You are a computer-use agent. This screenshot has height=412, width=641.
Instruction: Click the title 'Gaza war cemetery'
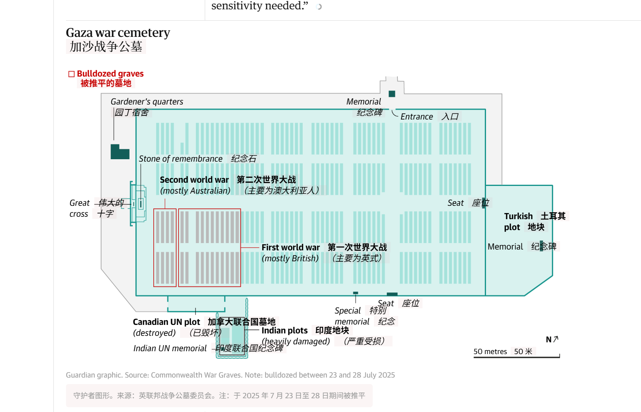point(118,33)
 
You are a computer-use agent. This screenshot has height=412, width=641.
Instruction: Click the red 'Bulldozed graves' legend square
point(71,74)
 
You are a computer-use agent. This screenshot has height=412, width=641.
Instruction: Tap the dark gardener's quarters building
point(120,152)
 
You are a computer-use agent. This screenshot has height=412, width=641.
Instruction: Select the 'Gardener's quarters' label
point(147,102)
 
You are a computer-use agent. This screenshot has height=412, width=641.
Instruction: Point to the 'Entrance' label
point(417,117)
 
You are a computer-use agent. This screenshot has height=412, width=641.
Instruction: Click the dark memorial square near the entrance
point(392,94)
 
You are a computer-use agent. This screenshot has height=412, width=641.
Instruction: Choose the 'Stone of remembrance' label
point(180,159)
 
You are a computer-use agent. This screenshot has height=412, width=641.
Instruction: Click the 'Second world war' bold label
point(194,179)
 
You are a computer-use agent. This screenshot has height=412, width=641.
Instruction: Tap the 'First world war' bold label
point(291,247)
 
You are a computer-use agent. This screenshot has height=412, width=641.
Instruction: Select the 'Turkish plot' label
point(518,222)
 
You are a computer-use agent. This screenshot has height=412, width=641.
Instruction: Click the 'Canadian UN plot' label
point(166,322)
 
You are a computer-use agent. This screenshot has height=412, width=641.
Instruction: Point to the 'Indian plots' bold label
point(284,330)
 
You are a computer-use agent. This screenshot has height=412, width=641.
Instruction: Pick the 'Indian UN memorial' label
point(170,348)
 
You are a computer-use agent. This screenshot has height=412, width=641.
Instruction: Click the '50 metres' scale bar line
point(516,357)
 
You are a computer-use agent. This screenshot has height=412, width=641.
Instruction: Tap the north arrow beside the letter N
point(556,339)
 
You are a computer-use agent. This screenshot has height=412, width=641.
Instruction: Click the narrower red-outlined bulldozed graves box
point(165,248)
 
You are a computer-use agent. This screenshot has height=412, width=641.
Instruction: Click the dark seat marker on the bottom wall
point(392,294)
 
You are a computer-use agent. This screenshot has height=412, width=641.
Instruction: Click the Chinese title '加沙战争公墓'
point(106,47)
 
